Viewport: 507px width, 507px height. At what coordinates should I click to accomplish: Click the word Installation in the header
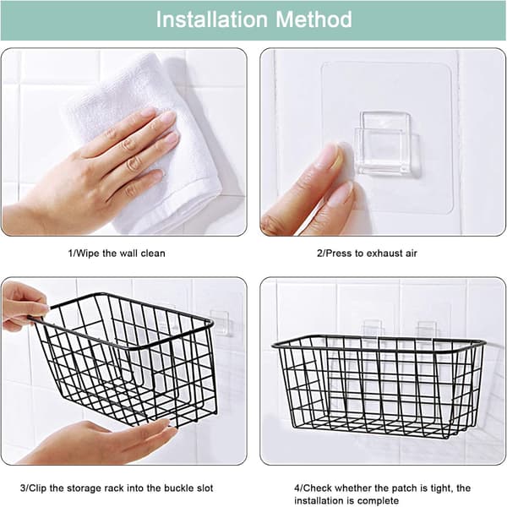[x=212, y=19]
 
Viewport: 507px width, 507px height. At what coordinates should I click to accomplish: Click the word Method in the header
[x=313, y=19]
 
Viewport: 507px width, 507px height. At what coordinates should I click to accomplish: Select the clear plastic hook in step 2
[x=387, y=144]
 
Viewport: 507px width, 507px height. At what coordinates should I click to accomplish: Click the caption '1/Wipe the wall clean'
[x=117, y=253]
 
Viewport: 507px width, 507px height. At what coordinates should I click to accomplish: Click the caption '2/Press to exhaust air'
[x=367, y=253]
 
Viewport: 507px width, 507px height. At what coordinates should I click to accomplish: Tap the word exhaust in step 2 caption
[x=380, y=253]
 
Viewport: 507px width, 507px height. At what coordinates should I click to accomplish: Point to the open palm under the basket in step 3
[x=97, y=443]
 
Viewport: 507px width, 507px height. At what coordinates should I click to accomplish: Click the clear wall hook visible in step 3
[x=221, y=323]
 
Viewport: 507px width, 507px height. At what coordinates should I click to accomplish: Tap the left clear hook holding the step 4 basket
[x=372, y=328]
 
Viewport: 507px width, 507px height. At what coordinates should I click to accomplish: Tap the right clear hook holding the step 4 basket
[x=427, y=330]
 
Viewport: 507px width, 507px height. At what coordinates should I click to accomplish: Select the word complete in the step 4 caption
[x=378, y=501]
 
